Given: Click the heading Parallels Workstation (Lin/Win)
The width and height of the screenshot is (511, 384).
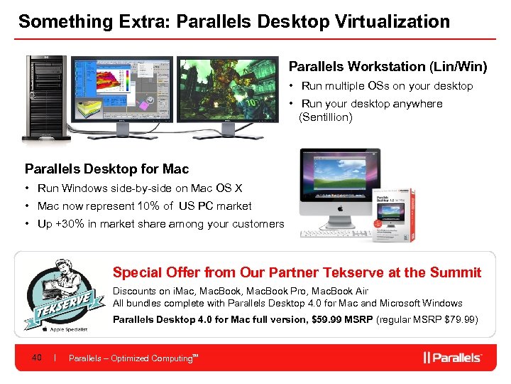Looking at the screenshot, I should click(x=388, y=67).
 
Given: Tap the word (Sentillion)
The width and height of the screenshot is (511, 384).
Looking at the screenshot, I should click(x=326, y=117).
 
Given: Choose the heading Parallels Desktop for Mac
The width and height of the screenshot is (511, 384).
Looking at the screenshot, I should click(x=107, y=169).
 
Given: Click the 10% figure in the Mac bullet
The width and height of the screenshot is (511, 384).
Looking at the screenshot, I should click(x=145, y=206).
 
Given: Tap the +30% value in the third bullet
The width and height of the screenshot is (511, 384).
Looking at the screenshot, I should click(x=70, y=224).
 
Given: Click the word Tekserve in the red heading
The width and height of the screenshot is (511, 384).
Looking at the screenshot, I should click(x=353, y=272).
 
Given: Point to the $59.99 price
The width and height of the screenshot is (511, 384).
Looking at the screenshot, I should click(x=328, y=319).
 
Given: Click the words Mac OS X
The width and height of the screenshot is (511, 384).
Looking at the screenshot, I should click(x=220, y=188).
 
